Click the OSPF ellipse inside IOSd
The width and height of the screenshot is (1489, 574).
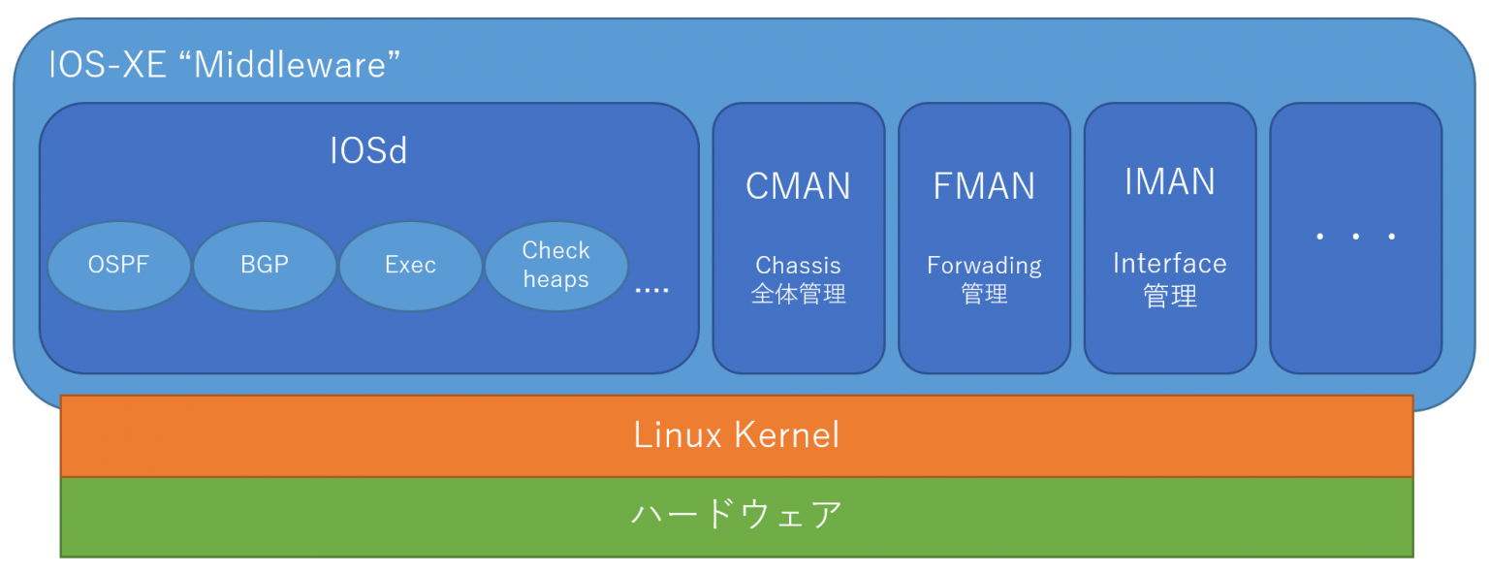tap(119, 266)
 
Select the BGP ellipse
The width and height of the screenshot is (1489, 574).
tap(265, 266)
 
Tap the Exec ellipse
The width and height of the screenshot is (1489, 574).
tap(410, 266)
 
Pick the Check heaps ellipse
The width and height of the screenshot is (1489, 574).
tap(555, 266)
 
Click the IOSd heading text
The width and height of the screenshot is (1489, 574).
tap(368, 151)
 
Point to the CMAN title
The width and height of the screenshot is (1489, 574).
tap(798, 186)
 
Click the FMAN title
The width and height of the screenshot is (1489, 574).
tap(984, 186)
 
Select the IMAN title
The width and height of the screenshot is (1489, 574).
tap(1170, 182)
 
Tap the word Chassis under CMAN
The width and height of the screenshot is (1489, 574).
tap(798, 265)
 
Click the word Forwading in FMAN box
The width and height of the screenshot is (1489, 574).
tap(984, 265)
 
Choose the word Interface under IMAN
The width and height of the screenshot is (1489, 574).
tap(1170, 263)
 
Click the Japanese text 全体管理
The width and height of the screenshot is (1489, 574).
tap(798, 294)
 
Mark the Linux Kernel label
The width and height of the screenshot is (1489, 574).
tap(737, 434)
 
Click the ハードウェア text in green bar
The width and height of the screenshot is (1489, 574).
tap(737, 514)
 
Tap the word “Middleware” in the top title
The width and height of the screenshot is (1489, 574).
tap(297, 65)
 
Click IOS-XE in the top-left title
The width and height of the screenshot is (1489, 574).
tap(112, 65)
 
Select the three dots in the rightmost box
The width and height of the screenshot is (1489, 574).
tap(1355, 237)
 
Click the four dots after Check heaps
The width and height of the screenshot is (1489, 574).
tap(651, 289)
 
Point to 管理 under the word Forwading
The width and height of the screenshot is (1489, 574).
tap(984, 294)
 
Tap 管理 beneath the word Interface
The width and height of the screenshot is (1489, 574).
tap(1170, 295)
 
